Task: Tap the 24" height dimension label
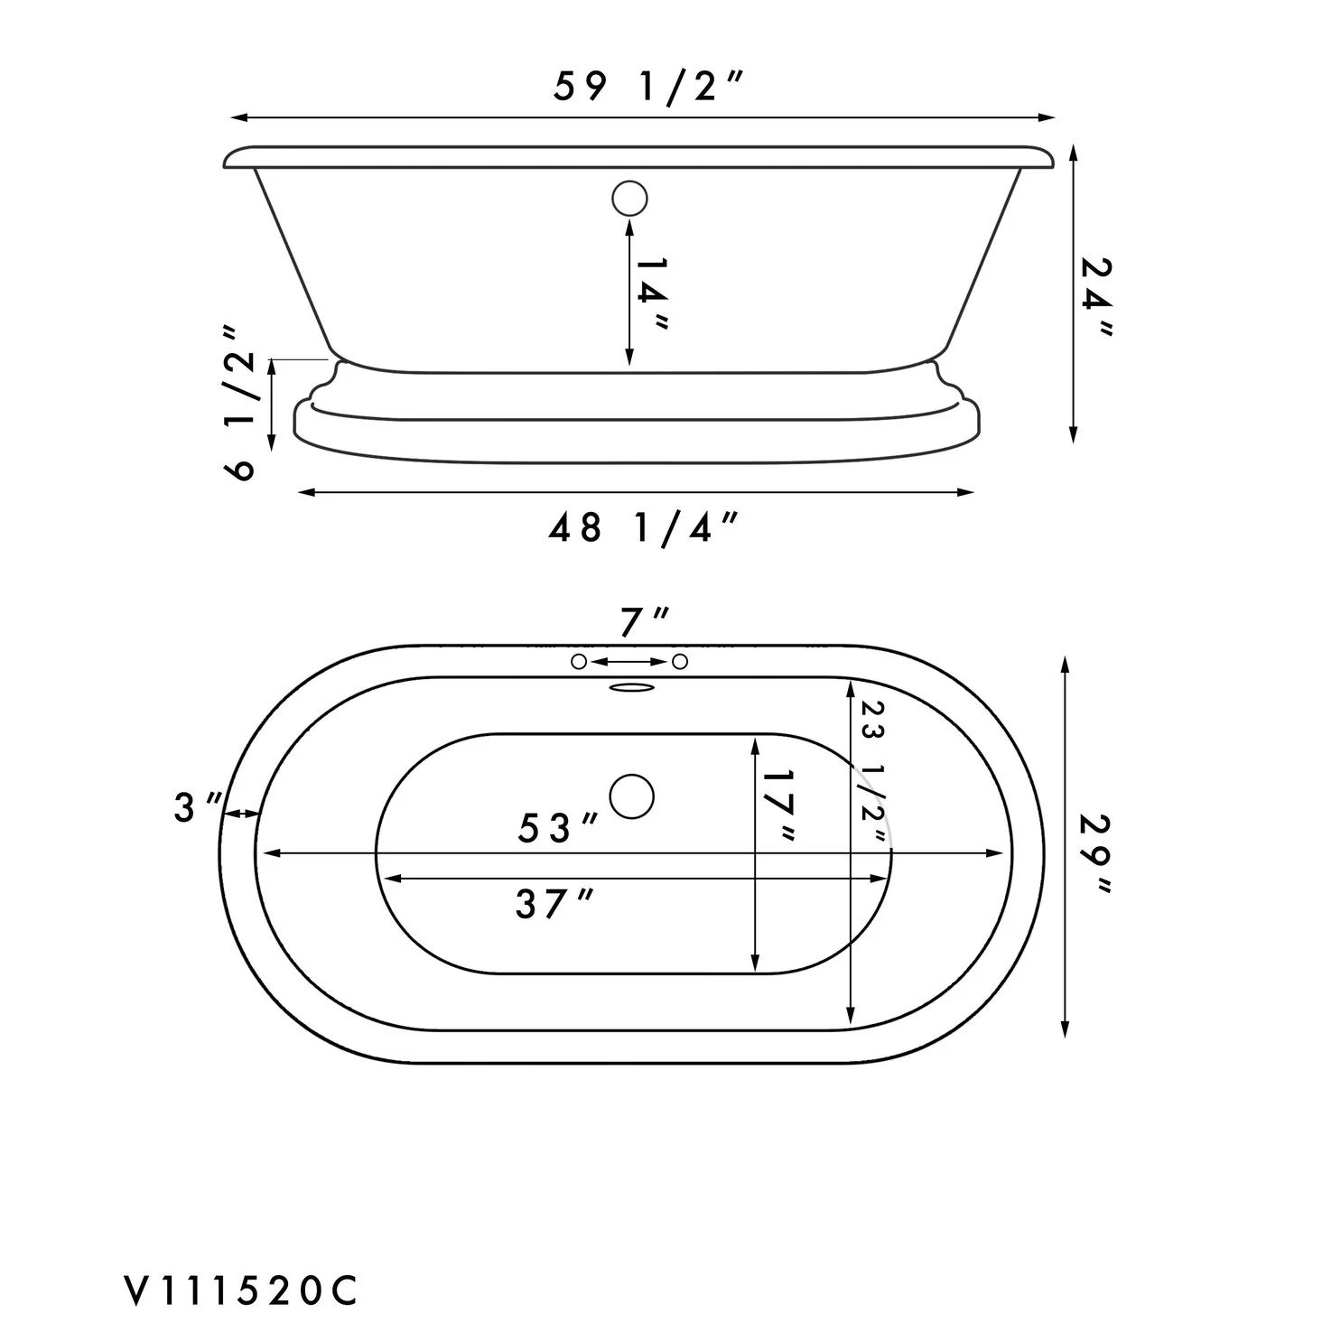tap(1095, 296)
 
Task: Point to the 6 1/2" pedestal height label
tap(239, 403)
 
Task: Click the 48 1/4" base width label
tap(643, 528)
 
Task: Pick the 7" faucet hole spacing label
tap(644, 622)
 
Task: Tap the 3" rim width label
tap(198, 807)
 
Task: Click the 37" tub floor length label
tap(554, 904)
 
